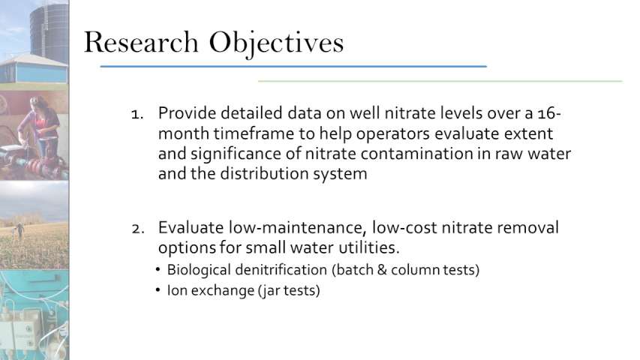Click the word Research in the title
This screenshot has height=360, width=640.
pos(141,42)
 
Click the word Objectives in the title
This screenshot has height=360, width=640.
pos(276,44)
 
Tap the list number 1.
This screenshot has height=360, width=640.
pos(137,114)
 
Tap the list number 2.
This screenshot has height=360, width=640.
pos(138,229)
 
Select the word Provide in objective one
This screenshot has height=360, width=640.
pos(188,113)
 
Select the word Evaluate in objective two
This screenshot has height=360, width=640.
pos(191,227)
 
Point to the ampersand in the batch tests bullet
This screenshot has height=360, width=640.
pos(382,270)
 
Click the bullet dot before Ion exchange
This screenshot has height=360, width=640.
pos(158,290)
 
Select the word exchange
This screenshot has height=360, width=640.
pos(223,290)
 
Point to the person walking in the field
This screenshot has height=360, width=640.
pos(20,232)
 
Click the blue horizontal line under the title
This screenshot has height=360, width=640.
pos(293,66)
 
